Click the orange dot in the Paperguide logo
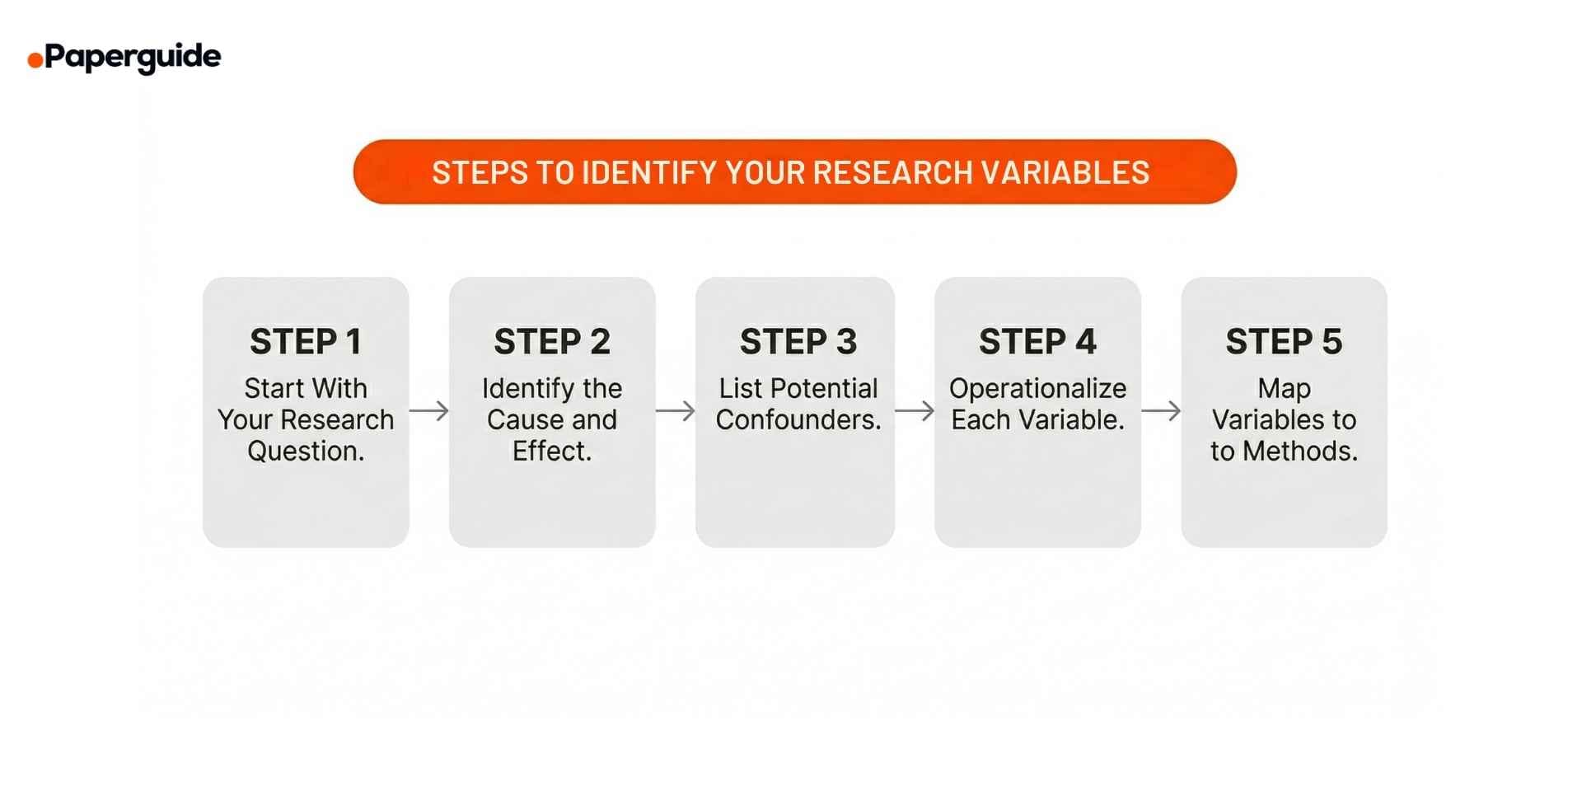pos(35,60)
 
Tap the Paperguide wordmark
pos(133,58)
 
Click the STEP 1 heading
pos(306,342)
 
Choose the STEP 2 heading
pos(552,342)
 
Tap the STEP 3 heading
pos(798,342)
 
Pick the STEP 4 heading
pos(1037,342)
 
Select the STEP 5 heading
pos(1284,342)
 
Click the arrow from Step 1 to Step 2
pos(429,410)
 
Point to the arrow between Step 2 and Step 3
pos(676,410)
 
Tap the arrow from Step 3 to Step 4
pos(915,410)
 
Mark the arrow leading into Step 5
pos(1161,410)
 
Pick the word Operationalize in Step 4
pos(1037,389)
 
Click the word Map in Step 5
pos(1284,389)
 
